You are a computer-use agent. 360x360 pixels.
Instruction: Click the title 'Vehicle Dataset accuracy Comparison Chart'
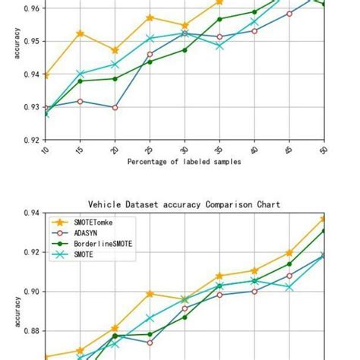coord(185,204)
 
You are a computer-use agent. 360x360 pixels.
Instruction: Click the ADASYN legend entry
coord(83,233)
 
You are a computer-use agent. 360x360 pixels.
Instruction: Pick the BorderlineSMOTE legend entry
coord(99,245)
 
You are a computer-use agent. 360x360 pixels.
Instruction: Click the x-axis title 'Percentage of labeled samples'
coord(185,162)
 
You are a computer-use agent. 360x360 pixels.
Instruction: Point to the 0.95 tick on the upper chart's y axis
coord(32,41)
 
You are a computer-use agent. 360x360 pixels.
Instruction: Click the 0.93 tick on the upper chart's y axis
coord(32,107)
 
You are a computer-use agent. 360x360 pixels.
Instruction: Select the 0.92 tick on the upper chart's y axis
coord(32,140)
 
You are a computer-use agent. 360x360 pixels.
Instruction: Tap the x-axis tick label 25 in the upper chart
coord(149,150)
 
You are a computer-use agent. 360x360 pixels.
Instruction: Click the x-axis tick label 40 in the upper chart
coord(254,150)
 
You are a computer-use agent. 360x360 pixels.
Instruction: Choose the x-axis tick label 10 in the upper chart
coord(45,150)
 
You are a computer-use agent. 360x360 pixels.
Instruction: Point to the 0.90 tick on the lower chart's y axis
coord(32,292)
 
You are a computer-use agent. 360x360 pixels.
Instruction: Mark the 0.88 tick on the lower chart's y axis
coord(32,331)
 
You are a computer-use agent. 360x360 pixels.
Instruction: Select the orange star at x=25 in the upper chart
coord(150,17)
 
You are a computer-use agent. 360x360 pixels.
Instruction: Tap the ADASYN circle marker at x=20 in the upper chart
coord(115,108)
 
